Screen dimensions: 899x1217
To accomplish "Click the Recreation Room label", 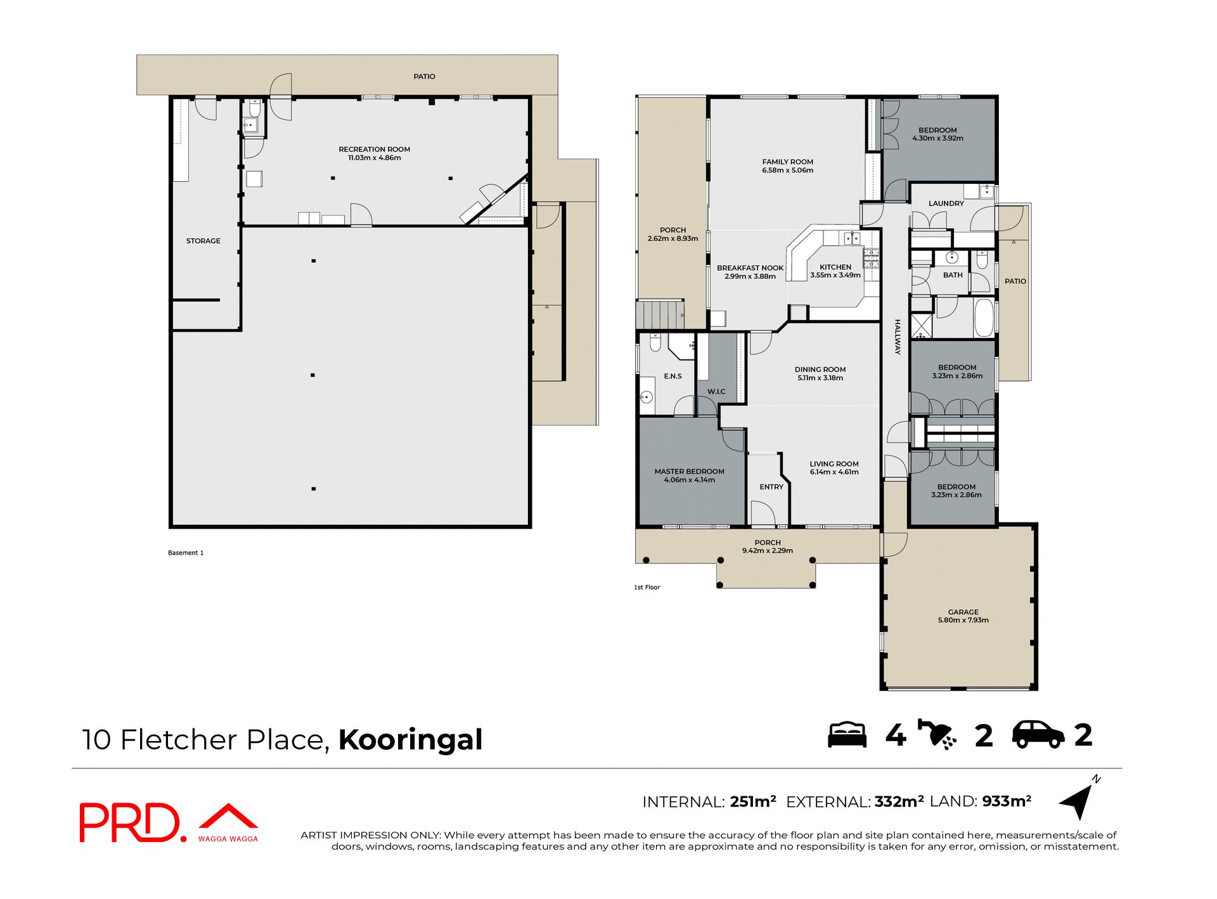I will (374, 150).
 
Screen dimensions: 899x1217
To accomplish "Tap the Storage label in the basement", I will (203, 241).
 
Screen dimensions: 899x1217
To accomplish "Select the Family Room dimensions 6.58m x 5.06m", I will (787, 171).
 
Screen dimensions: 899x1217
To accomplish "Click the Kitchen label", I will (835, 267).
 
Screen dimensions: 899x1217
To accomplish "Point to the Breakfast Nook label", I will (750, 268).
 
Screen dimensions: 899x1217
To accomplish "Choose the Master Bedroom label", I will (689, 472).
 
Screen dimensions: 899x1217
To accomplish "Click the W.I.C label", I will (716, 392).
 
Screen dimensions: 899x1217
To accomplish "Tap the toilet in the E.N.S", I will (655, 343).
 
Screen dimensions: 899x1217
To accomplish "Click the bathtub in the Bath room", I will (983, 318).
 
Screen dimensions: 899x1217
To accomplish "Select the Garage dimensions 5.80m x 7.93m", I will (963, 621).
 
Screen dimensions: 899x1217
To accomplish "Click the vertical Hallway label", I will (897, 337).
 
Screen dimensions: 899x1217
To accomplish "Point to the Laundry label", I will (946, 204).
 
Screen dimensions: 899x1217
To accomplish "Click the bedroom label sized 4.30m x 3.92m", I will (937, 130).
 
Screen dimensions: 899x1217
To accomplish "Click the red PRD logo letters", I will (130, 823).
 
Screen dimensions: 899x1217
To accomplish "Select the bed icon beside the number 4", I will (847, 735).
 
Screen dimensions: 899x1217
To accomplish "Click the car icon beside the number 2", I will (1038, 735).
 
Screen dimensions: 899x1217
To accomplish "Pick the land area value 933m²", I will (1007, 801).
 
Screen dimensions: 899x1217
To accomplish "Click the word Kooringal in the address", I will (410, 740).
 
